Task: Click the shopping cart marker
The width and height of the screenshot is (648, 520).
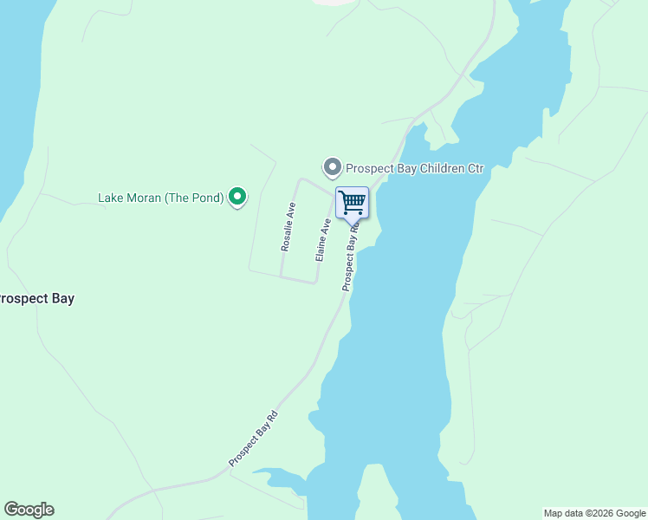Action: click(352, 203)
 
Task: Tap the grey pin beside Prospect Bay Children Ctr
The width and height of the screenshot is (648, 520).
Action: click(332, 167)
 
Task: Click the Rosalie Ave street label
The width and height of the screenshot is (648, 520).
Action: click(288, 227)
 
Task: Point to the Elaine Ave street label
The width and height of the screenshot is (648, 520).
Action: click(322, 240)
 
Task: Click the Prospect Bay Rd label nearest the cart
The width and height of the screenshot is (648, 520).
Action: click(350, 257)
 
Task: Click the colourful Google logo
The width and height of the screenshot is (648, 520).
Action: click(29, 510)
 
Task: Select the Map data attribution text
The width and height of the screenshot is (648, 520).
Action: click(594, 513)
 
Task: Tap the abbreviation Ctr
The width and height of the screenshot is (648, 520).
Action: click(475, 168)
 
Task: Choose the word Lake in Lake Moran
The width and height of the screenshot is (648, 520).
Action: click(111, 198)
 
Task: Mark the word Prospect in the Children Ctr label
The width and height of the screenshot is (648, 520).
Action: click(370, 168)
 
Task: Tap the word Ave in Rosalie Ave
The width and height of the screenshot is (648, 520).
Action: click(292, 210)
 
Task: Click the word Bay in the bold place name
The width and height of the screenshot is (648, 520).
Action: click(62, 299)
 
